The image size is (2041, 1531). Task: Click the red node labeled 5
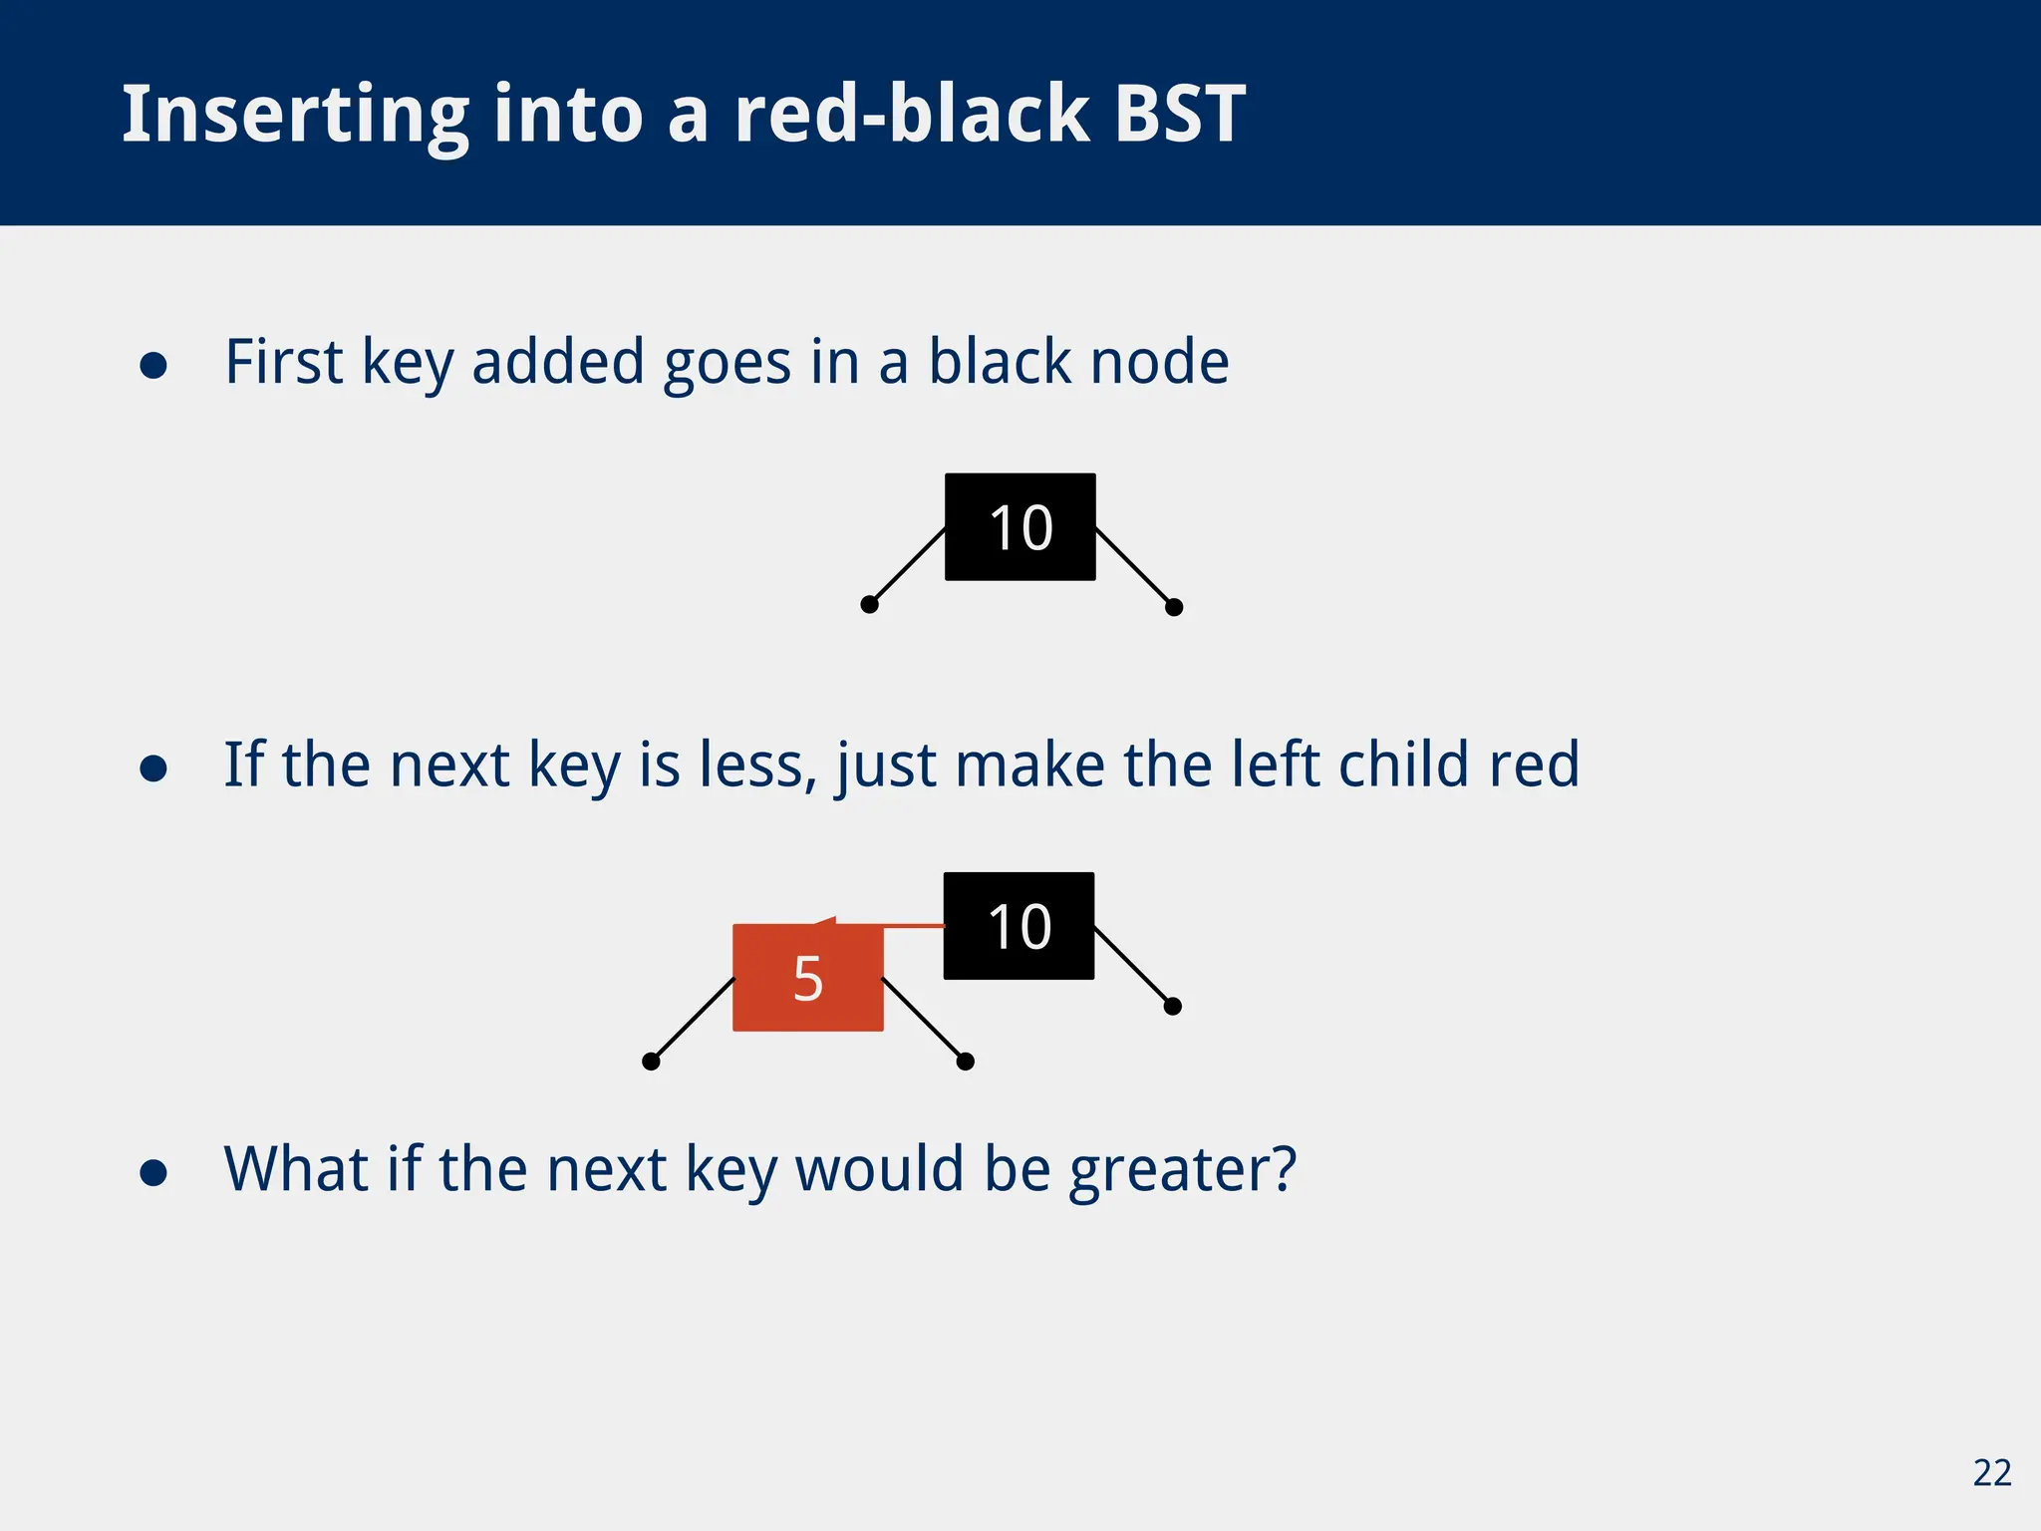807,978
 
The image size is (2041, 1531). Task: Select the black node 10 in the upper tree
1020,526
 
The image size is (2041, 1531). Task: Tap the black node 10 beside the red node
1019,926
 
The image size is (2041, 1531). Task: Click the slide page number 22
1991,1473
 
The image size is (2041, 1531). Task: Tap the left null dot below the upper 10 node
869,604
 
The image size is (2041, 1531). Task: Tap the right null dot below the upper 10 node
1174,607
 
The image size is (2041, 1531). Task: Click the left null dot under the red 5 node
651,1062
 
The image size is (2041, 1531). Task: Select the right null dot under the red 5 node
965,1062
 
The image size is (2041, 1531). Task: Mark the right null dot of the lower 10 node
1173,1007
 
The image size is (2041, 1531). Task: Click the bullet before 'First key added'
153,366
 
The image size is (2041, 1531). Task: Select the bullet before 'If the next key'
153,768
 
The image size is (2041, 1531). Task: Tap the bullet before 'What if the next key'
153,1173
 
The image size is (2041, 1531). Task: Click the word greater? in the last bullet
1182,1170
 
